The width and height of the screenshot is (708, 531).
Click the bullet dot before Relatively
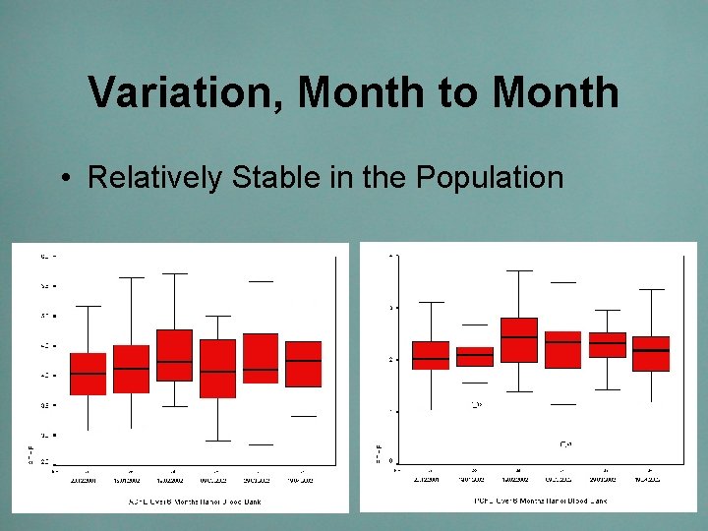tap(63, 179)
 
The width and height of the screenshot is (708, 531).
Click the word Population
tap(490, 178)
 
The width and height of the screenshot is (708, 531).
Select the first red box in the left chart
tap(88, 374)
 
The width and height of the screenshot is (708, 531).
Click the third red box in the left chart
tap(174, 354)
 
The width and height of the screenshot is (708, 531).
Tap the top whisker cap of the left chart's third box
tap(174, 273)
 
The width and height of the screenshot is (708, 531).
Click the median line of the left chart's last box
tap(304, 361)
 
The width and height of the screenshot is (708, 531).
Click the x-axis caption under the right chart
tap(540, 501)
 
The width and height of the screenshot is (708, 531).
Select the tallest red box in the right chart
tap(519, 340)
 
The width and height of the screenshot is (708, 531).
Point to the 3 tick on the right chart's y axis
tap(393, 308)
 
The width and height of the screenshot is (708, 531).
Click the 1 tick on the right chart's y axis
tap(393, 411)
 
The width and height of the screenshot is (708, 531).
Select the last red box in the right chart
tap(651, 354)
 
